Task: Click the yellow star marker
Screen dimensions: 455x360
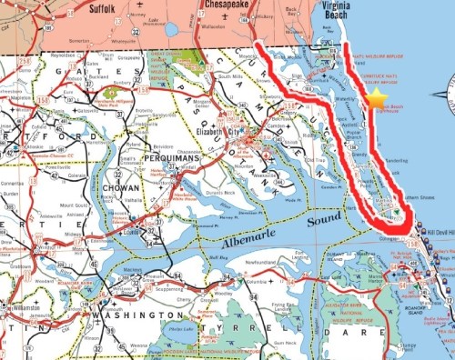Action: click(377, 99)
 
